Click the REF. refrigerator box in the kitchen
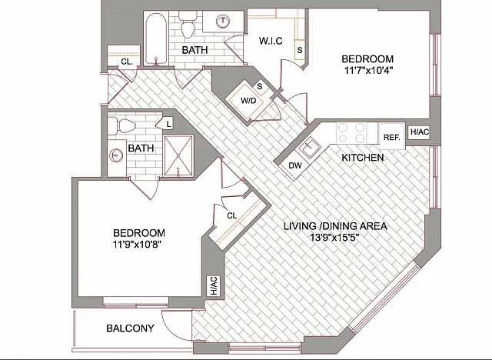tap(392, 136)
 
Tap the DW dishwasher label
tap(295, 165)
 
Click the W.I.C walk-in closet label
tap(271, 41)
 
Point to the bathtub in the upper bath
tap(155, 38)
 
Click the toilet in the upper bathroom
tap(188, 24)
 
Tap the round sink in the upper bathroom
tap(223, 21)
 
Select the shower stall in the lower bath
tap(178, 155)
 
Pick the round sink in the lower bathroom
tap(116, 155)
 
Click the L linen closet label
tap(168, 124)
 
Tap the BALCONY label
tap(130, 328)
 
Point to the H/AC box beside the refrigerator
tap(420, 132)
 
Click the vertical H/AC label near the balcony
tap(214, 286)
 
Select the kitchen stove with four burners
tap(351, 133)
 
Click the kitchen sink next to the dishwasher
tap(309, 147)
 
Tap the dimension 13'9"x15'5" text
tap(334, 237)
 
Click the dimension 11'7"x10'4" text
tap(368, 70)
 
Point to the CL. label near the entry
tap(126, 62)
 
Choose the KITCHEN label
tap(363, 157)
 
